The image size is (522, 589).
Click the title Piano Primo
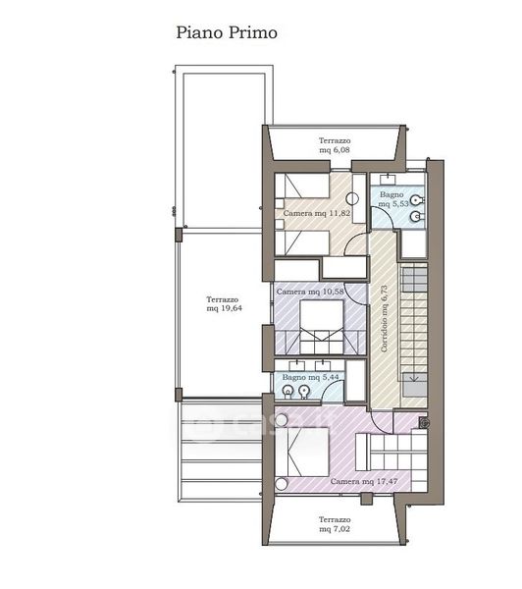pos(227,32)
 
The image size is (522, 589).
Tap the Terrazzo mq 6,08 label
pos(335,145)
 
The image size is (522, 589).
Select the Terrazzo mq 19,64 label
pos(224,304)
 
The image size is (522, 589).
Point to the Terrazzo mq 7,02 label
pos(335,524)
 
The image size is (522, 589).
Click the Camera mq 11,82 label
pos(317,213)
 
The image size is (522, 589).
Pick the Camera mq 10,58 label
pos(310,292)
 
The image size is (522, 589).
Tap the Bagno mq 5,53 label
pos(392,199)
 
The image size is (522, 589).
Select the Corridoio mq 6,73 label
pos(384,319)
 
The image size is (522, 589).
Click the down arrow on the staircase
pos(414,377)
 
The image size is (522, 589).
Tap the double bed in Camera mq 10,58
pos(322,327)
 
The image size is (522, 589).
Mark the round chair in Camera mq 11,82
pos(352,198)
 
